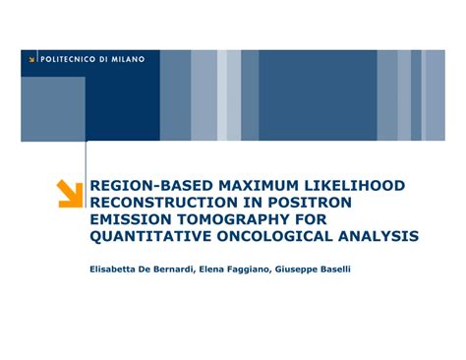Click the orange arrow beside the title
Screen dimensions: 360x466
(x=70, y=193)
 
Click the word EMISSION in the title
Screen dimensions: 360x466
(x=129, y=219)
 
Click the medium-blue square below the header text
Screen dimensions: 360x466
(x=53, y=108)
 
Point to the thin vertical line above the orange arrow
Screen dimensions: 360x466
(x=87, y=157)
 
